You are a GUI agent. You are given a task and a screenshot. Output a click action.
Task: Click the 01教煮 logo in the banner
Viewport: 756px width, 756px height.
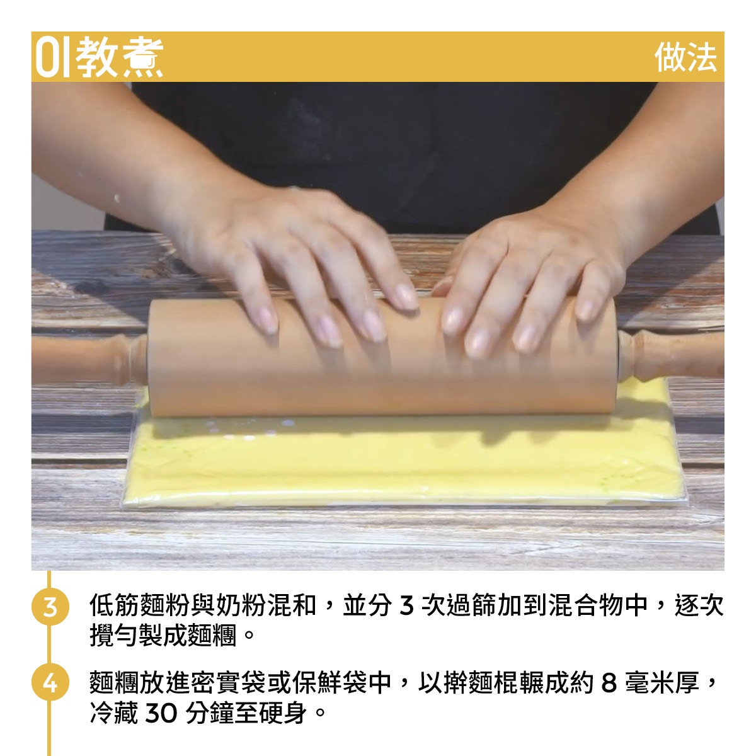coord(100,57)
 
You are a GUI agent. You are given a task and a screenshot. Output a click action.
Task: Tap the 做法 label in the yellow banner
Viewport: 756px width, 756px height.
coord(686,57)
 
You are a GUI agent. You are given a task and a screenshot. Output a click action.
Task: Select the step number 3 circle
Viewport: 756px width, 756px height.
coord(50,606)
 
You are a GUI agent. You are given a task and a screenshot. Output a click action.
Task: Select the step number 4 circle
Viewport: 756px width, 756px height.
coord(50,682)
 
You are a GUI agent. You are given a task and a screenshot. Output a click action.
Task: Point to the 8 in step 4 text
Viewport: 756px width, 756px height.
coord(609,683)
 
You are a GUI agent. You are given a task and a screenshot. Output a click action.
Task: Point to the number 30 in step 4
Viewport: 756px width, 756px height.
coord(161,713)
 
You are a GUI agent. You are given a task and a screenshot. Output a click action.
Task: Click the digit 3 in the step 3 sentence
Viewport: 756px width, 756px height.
coord(406,605)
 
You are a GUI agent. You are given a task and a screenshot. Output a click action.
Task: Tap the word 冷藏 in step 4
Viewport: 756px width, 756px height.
coord(115,713)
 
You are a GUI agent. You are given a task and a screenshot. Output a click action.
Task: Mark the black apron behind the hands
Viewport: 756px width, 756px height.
coord(392,149)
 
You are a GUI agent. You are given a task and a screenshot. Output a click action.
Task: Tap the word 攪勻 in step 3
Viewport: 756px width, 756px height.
coord(115,635)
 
